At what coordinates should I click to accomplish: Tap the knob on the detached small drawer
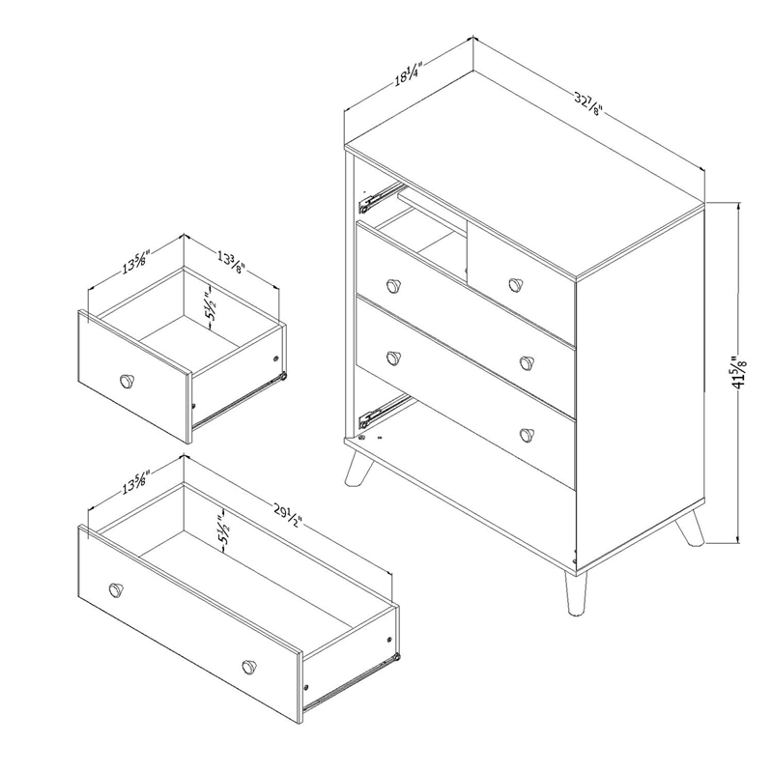(126, 380)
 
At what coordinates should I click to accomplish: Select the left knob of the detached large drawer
(117, 589)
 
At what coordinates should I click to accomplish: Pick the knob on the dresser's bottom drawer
(528, 433)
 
